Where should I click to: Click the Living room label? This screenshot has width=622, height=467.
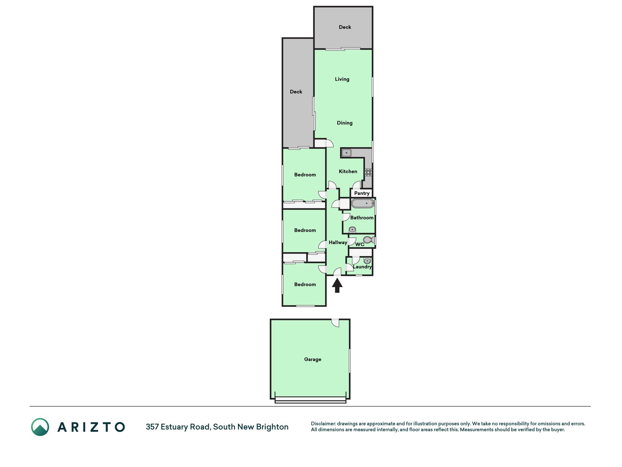(342, 79)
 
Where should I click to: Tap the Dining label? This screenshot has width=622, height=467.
(345, 123)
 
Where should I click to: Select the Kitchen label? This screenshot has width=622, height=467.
(348, 171)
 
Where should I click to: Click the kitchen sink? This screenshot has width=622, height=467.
(346, 153)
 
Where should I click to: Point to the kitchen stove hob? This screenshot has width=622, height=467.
(368, 172)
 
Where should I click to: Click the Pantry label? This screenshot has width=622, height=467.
(362, 193)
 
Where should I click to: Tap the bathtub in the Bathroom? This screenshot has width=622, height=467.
(363, 204)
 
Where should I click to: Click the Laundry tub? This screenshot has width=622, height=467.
(367, 261)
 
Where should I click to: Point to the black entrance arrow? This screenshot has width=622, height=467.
(337, 285)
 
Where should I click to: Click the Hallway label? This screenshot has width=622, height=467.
(338, 243)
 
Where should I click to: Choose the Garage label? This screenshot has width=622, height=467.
(313, 359)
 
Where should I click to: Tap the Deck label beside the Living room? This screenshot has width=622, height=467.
(296, 92)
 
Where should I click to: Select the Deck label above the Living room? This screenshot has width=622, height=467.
(345, 27)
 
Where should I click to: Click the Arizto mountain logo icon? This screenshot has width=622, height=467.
(40, 427)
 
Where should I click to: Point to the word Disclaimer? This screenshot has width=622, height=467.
(323, 424)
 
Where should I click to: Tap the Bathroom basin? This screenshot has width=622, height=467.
(352, 230)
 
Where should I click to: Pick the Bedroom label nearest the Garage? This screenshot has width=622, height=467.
(305, 285)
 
